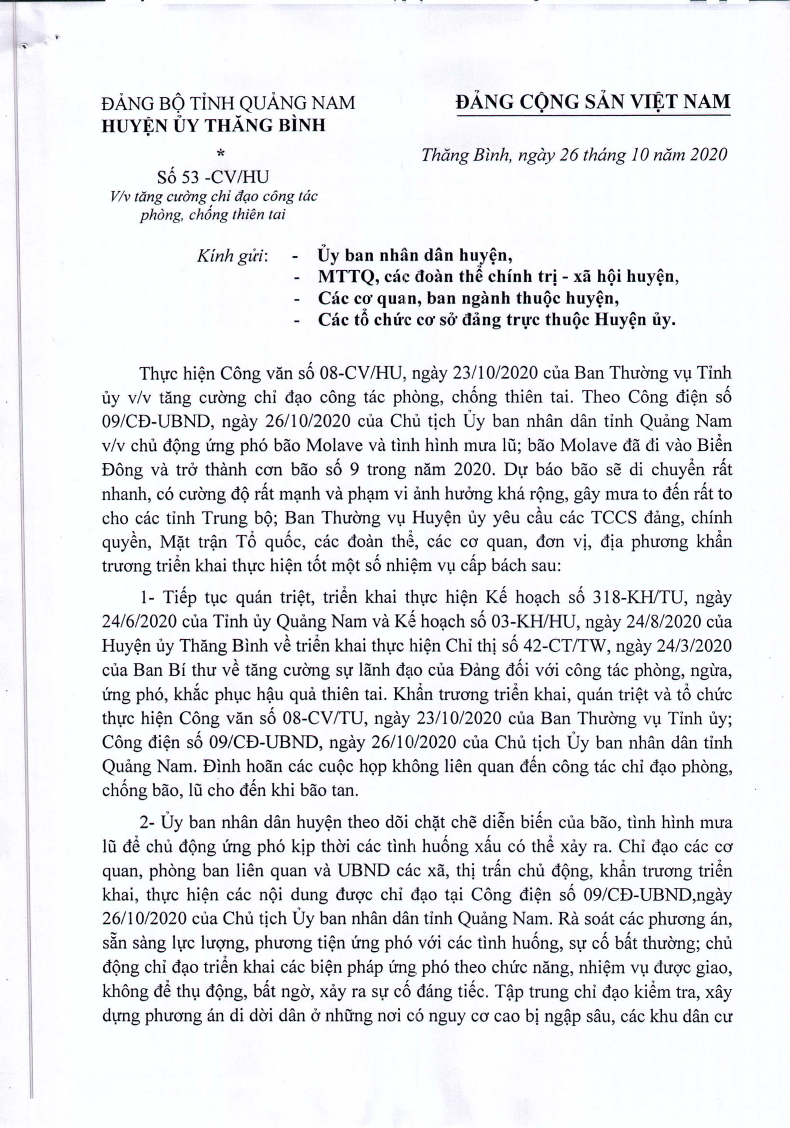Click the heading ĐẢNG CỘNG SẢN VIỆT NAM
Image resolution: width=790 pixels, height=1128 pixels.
593,102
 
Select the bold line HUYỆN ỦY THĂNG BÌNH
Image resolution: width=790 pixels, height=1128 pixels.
214,126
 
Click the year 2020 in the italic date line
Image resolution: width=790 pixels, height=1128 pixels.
709,155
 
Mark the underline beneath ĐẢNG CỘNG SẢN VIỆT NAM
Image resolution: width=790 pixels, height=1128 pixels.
593,116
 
